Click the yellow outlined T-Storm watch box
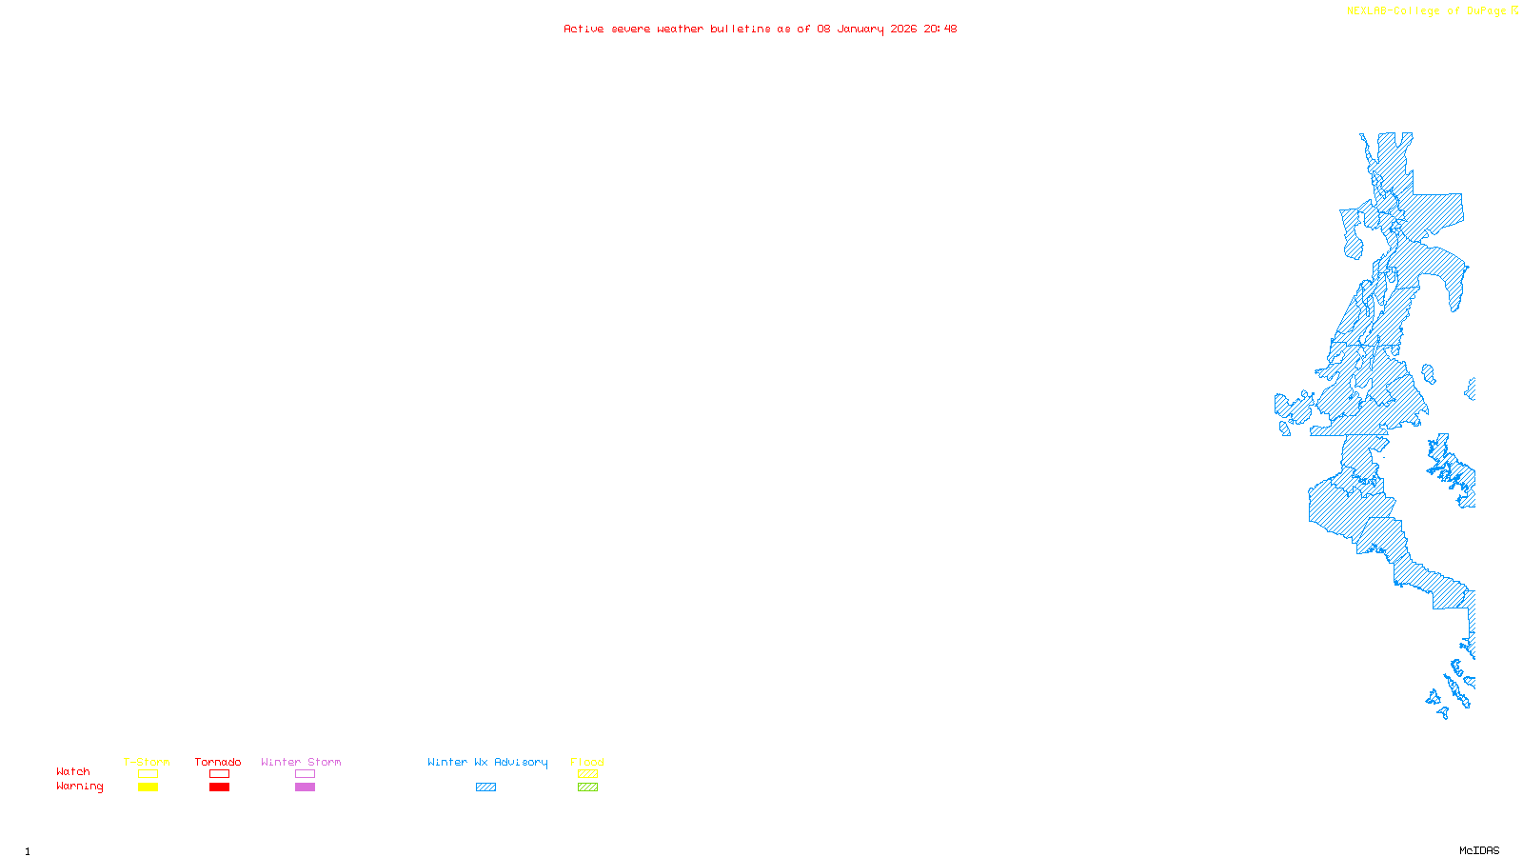tap(148, 774)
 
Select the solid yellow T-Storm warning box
tap(148, 787)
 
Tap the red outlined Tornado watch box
tap(219, 774)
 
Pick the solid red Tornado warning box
tap(219, 787)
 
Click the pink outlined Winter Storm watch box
tap(305, 774)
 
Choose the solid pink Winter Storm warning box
tap(305, 787)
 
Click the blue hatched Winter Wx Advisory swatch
tap(485, 787)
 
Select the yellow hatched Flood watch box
tap(587, 774)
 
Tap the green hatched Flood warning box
tap(587, 787)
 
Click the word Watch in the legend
tap(73, 772)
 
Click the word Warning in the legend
tap(79, 787)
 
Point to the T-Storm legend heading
tap(147, 762)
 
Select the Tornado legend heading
tap(218, 762)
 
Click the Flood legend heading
tap(587, 762)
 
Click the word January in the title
tap(860, 29)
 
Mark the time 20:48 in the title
tap(940, 29)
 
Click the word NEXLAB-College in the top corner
tap(1394, 11)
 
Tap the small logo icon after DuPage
tap(1514, 10)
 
